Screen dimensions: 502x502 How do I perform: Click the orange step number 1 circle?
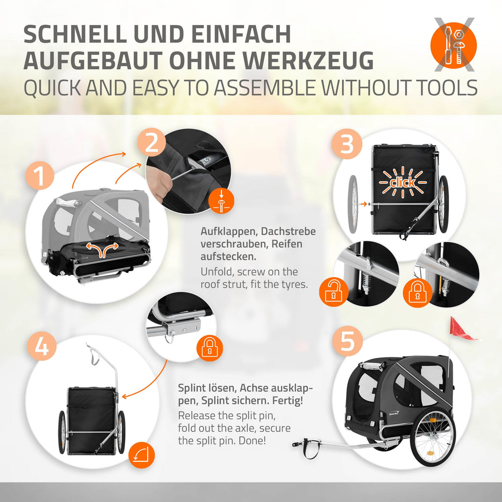(40, 176)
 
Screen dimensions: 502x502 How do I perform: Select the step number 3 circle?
(347, 144)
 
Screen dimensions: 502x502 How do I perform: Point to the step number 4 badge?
(42, 346)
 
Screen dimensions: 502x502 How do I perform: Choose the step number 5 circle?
(348, 341)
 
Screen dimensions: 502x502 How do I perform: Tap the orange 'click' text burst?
(403, 182)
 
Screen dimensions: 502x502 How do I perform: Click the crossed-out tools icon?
(453, 45)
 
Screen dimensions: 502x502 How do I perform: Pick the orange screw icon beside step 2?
(221, 201)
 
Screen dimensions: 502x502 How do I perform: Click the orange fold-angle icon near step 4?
(142, 455)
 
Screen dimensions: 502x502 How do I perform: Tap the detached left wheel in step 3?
(353, 204)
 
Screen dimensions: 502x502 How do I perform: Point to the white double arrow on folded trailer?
(102, 249)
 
